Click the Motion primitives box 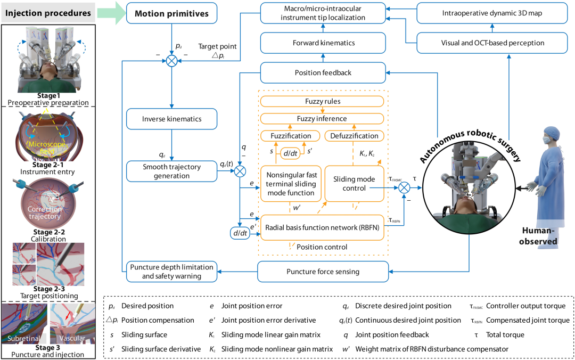pos(172,13)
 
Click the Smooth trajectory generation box pos(172,171)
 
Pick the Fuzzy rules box pos(323,101)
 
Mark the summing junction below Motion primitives pos(172,61)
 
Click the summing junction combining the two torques pos(405,187)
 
